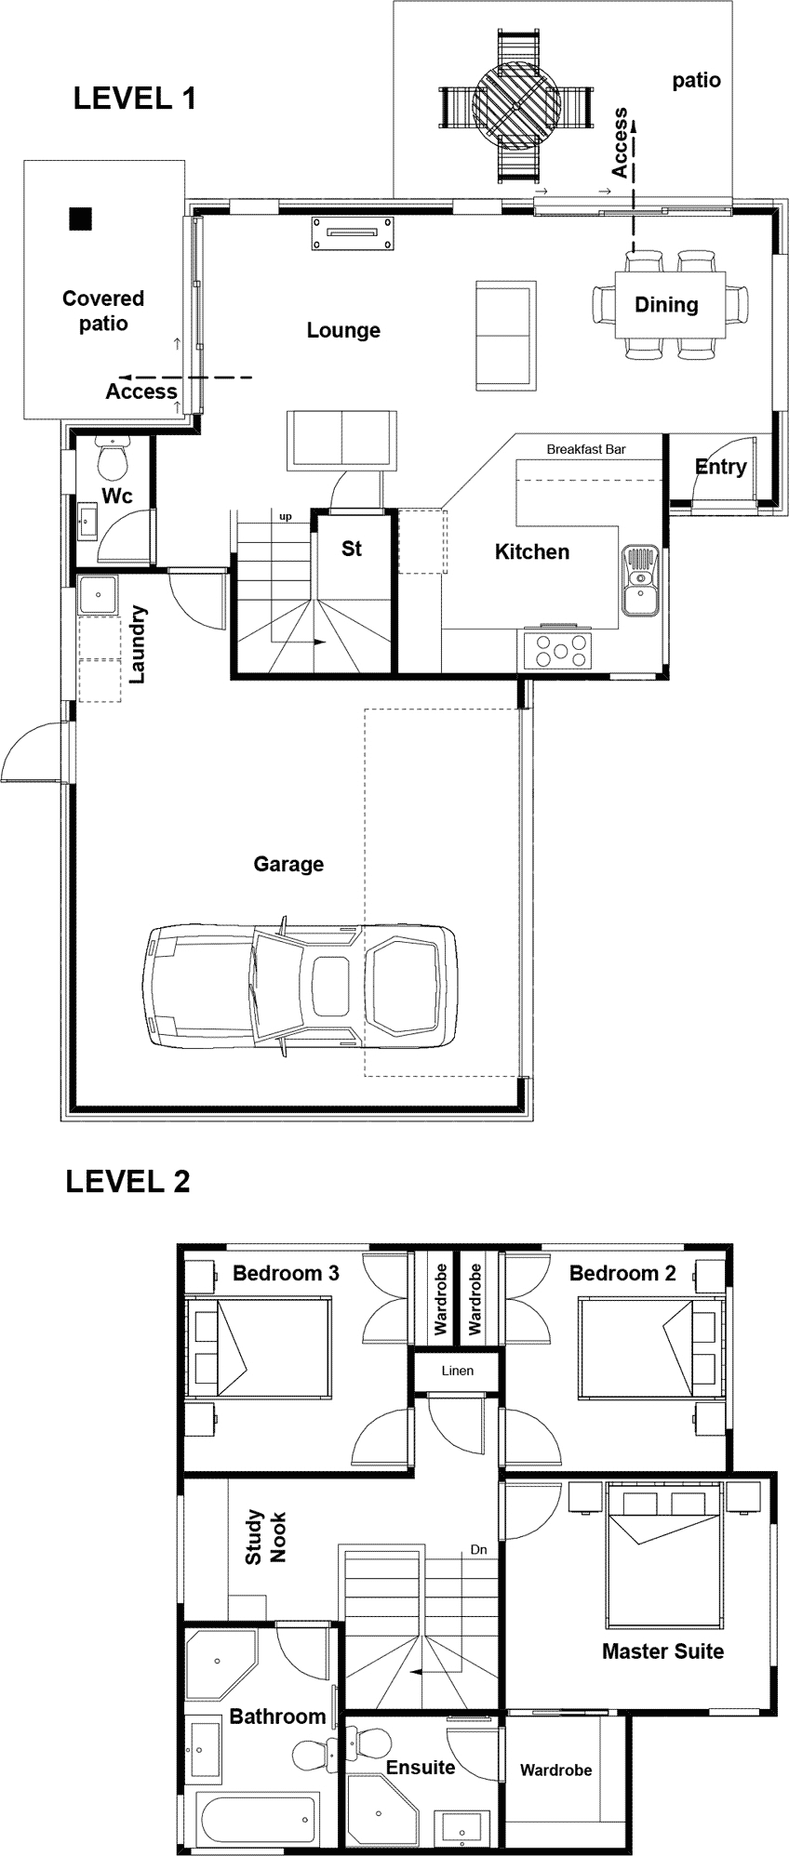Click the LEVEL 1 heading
click(x=135, y=99)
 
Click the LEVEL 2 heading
click(x=127, y=1181)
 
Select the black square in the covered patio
click(x=81, y=219)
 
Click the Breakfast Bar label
click(x=586, y=449)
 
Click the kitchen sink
click(x=639, y=581)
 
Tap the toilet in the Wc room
click(x=113, y=459)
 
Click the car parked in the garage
click(x=300, y=987)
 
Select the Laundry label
click(x=139, y=644)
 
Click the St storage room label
click(x=351, y=549)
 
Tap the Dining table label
click(x=666, y=304)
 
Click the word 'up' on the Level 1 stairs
click(x=286, y=516)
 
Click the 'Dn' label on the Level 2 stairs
click(x=478, y=1549)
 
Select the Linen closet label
click(x=457, y=1371)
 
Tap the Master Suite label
click(x=662, y=1651)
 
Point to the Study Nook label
click(x=265, y=1537)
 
